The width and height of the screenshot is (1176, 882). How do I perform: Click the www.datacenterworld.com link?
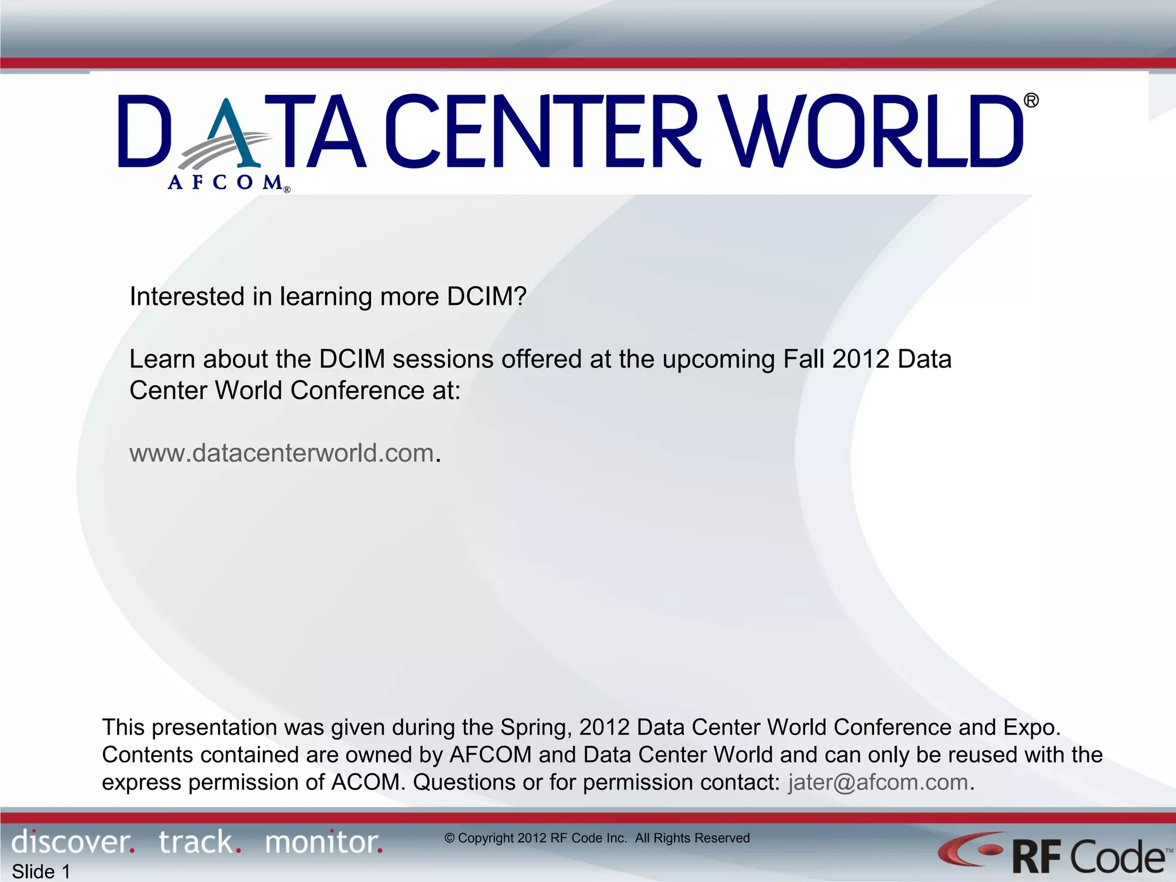pos(281,453)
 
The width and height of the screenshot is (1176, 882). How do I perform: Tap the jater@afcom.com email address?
pos(878,783)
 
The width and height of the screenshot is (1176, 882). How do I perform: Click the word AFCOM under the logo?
pos(225,183)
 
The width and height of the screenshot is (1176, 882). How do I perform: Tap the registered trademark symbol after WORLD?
pos(1031,101)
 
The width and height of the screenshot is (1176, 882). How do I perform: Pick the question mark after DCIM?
pos(520,297)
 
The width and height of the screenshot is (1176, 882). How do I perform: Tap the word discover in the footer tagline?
pos(71,842)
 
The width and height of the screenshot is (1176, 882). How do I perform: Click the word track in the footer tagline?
pos(196,842)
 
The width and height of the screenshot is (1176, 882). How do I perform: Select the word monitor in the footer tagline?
pos(322,842)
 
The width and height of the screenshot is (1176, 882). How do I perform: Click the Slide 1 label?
pos(41,872)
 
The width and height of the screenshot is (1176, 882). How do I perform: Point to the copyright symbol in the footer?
pos(450,838)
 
